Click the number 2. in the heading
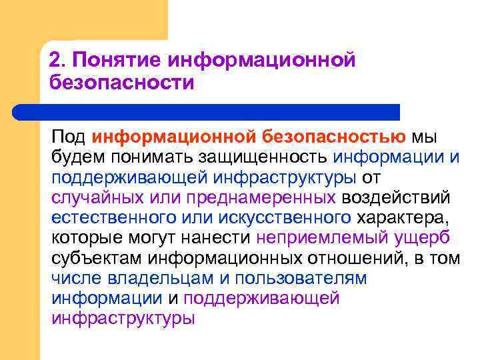coord(59,61)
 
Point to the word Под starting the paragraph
coord(69,137)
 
